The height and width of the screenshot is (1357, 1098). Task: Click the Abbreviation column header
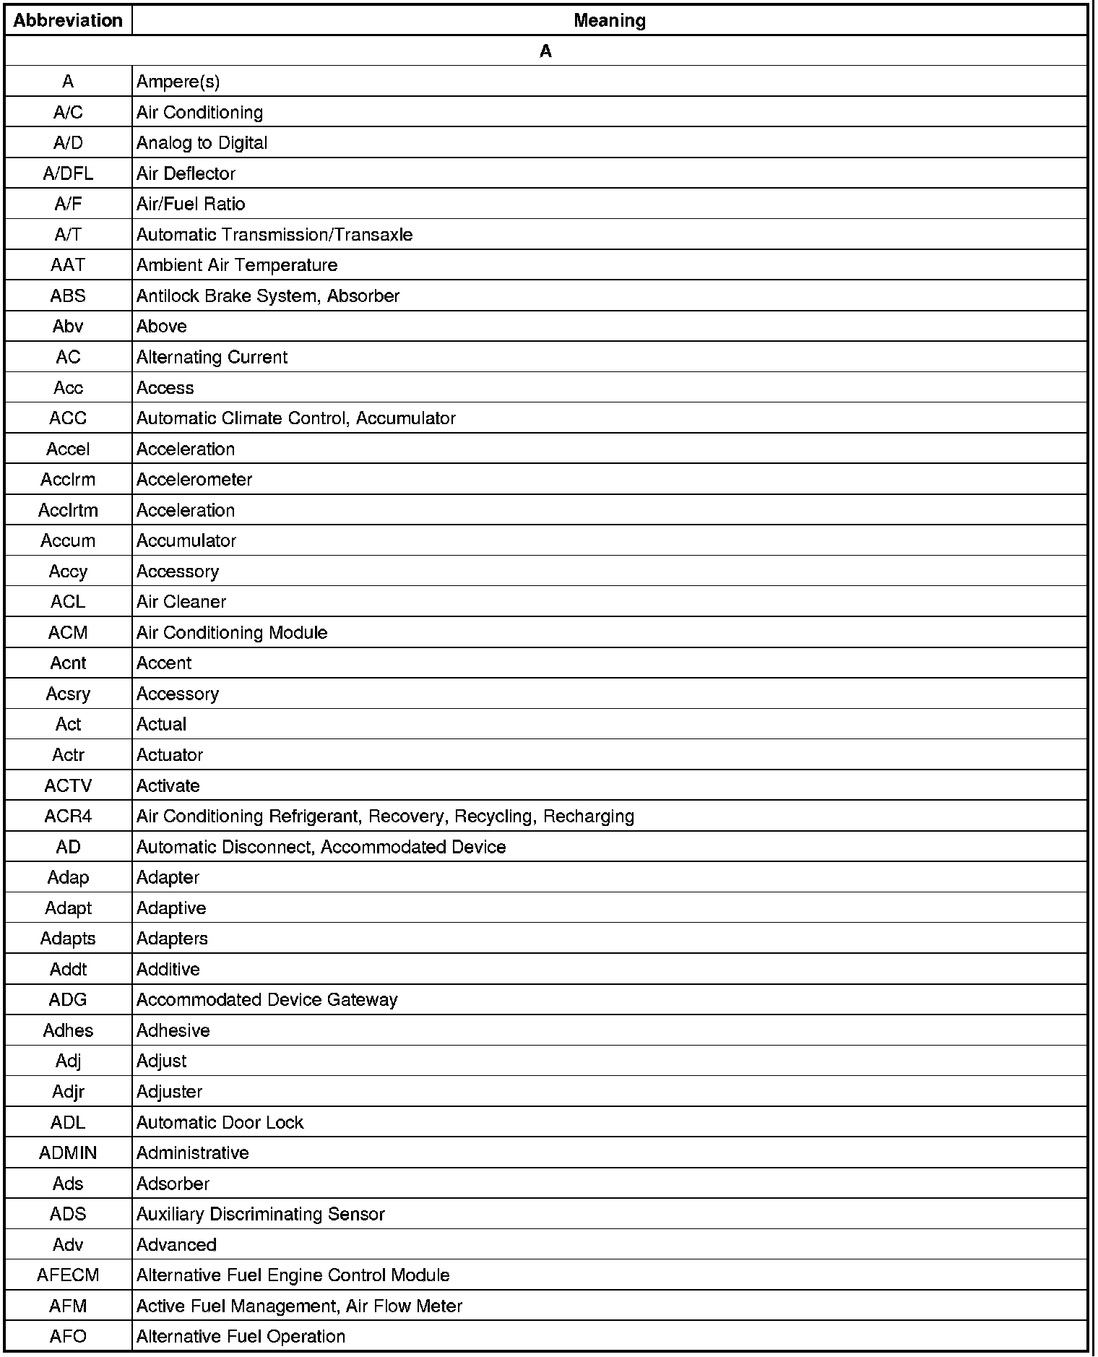tap(68, 20)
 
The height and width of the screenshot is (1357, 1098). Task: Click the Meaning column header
tap(609, 20)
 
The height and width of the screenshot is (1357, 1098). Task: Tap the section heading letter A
tap(545, 51)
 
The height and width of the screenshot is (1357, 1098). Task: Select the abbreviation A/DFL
tap(68, 173)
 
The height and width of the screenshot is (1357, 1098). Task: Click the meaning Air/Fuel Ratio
tap(191, 204)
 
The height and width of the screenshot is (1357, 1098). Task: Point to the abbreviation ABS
tap(68, 296)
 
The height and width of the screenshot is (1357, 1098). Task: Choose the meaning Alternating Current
tap(212, 357)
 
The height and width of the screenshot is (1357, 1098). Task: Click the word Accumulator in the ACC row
tap(406, 418)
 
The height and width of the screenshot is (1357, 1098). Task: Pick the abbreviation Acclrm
tap(68, 479)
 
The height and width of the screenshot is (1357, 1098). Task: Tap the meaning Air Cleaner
tap(181, 602)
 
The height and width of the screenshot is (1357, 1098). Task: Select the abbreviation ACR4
tap(68, 816)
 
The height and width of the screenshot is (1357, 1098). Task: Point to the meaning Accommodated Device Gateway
tap(267, 999)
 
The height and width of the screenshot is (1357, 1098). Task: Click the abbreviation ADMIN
tap(68, 1153)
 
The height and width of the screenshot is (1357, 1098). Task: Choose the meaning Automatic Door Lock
tap(220, 1122)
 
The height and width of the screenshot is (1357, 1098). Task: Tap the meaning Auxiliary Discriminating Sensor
tap(260, 1214)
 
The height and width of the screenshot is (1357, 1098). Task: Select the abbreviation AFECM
tap(68, 1275)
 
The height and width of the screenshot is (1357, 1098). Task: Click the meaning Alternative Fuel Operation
tap(241, 1336)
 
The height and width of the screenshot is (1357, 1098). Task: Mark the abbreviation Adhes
tap(68, 1030)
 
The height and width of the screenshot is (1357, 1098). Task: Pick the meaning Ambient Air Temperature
tap(236, 265)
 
